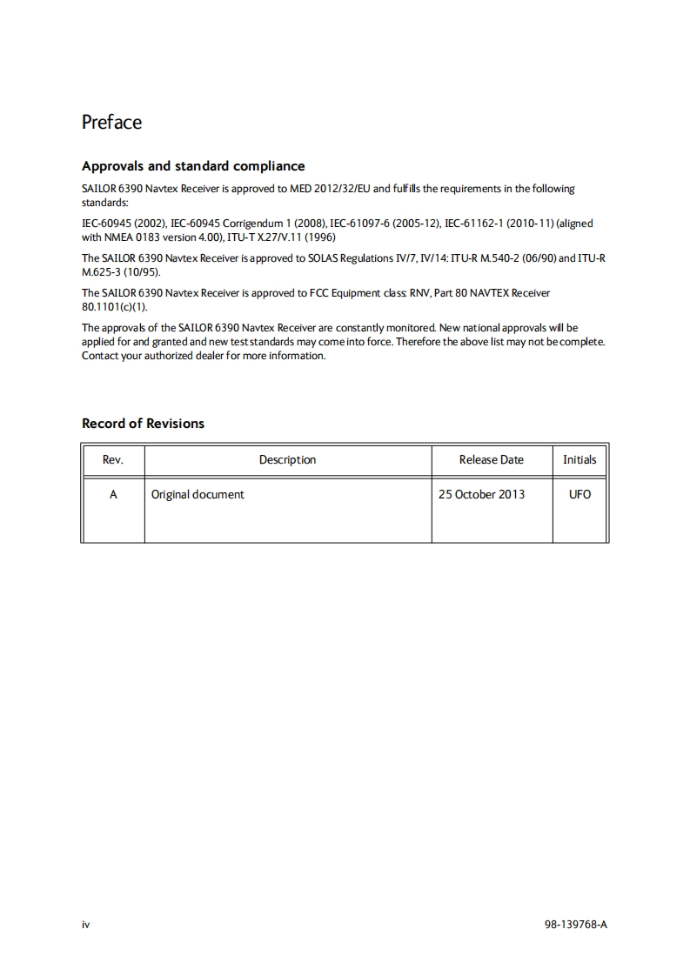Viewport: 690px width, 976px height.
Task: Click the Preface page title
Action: click(x=111, y=122)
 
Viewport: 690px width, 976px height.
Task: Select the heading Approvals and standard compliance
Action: click(x=193, y=165)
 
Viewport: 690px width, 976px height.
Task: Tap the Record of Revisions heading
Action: click(x=143, y=424)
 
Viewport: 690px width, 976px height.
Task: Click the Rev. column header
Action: click(x=113, y=459)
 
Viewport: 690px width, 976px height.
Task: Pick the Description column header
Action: click(x=287, y=459)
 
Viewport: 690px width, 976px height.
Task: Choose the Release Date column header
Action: click(x=492, y=459)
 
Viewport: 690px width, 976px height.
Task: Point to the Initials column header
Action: click(x=579, y=459)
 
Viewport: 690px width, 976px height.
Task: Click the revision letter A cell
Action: click(x=113, y=494)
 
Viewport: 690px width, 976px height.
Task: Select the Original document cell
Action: click(x=198, y=494)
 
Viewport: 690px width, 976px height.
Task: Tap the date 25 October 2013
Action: click(x=481, y=494)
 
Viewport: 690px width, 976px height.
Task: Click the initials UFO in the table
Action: click(x=579, y=494)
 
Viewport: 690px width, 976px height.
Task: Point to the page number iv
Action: click(x=85, y=925)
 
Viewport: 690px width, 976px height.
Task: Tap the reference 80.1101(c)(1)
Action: click(x=115, y=306)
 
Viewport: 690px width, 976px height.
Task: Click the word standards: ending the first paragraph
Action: click(x=104, y=202)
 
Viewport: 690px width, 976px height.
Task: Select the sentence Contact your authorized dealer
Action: click(x=204, y=355)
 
